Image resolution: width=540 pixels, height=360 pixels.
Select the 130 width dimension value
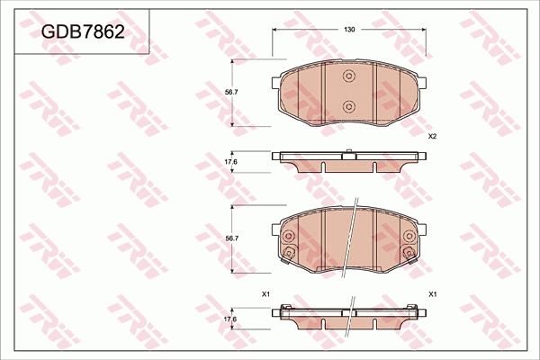coord(349,31)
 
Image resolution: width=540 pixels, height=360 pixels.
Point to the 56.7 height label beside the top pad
coord(231,91)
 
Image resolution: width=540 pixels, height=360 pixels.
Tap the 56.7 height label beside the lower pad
coord(231,238)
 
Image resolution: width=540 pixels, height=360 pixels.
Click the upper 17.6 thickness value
coord(230,161)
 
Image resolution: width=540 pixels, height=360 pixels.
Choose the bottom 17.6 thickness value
coord(230,319)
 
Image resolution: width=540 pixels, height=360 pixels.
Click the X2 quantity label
coord(432,136)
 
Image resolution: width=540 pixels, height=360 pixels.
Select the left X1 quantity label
coord(265,294)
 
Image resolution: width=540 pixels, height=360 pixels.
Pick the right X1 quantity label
coord(433,294)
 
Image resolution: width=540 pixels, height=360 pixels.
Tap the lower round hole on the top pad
coord(350,106)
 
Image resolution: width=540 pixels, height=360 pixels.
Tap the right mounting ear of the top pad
coord(424,84)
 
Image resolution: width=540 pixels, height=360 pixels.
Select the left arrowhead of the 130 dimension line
coord(275,31)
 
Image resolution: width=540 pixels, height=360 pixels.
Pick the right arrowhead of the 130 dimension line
coord(425,31)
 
